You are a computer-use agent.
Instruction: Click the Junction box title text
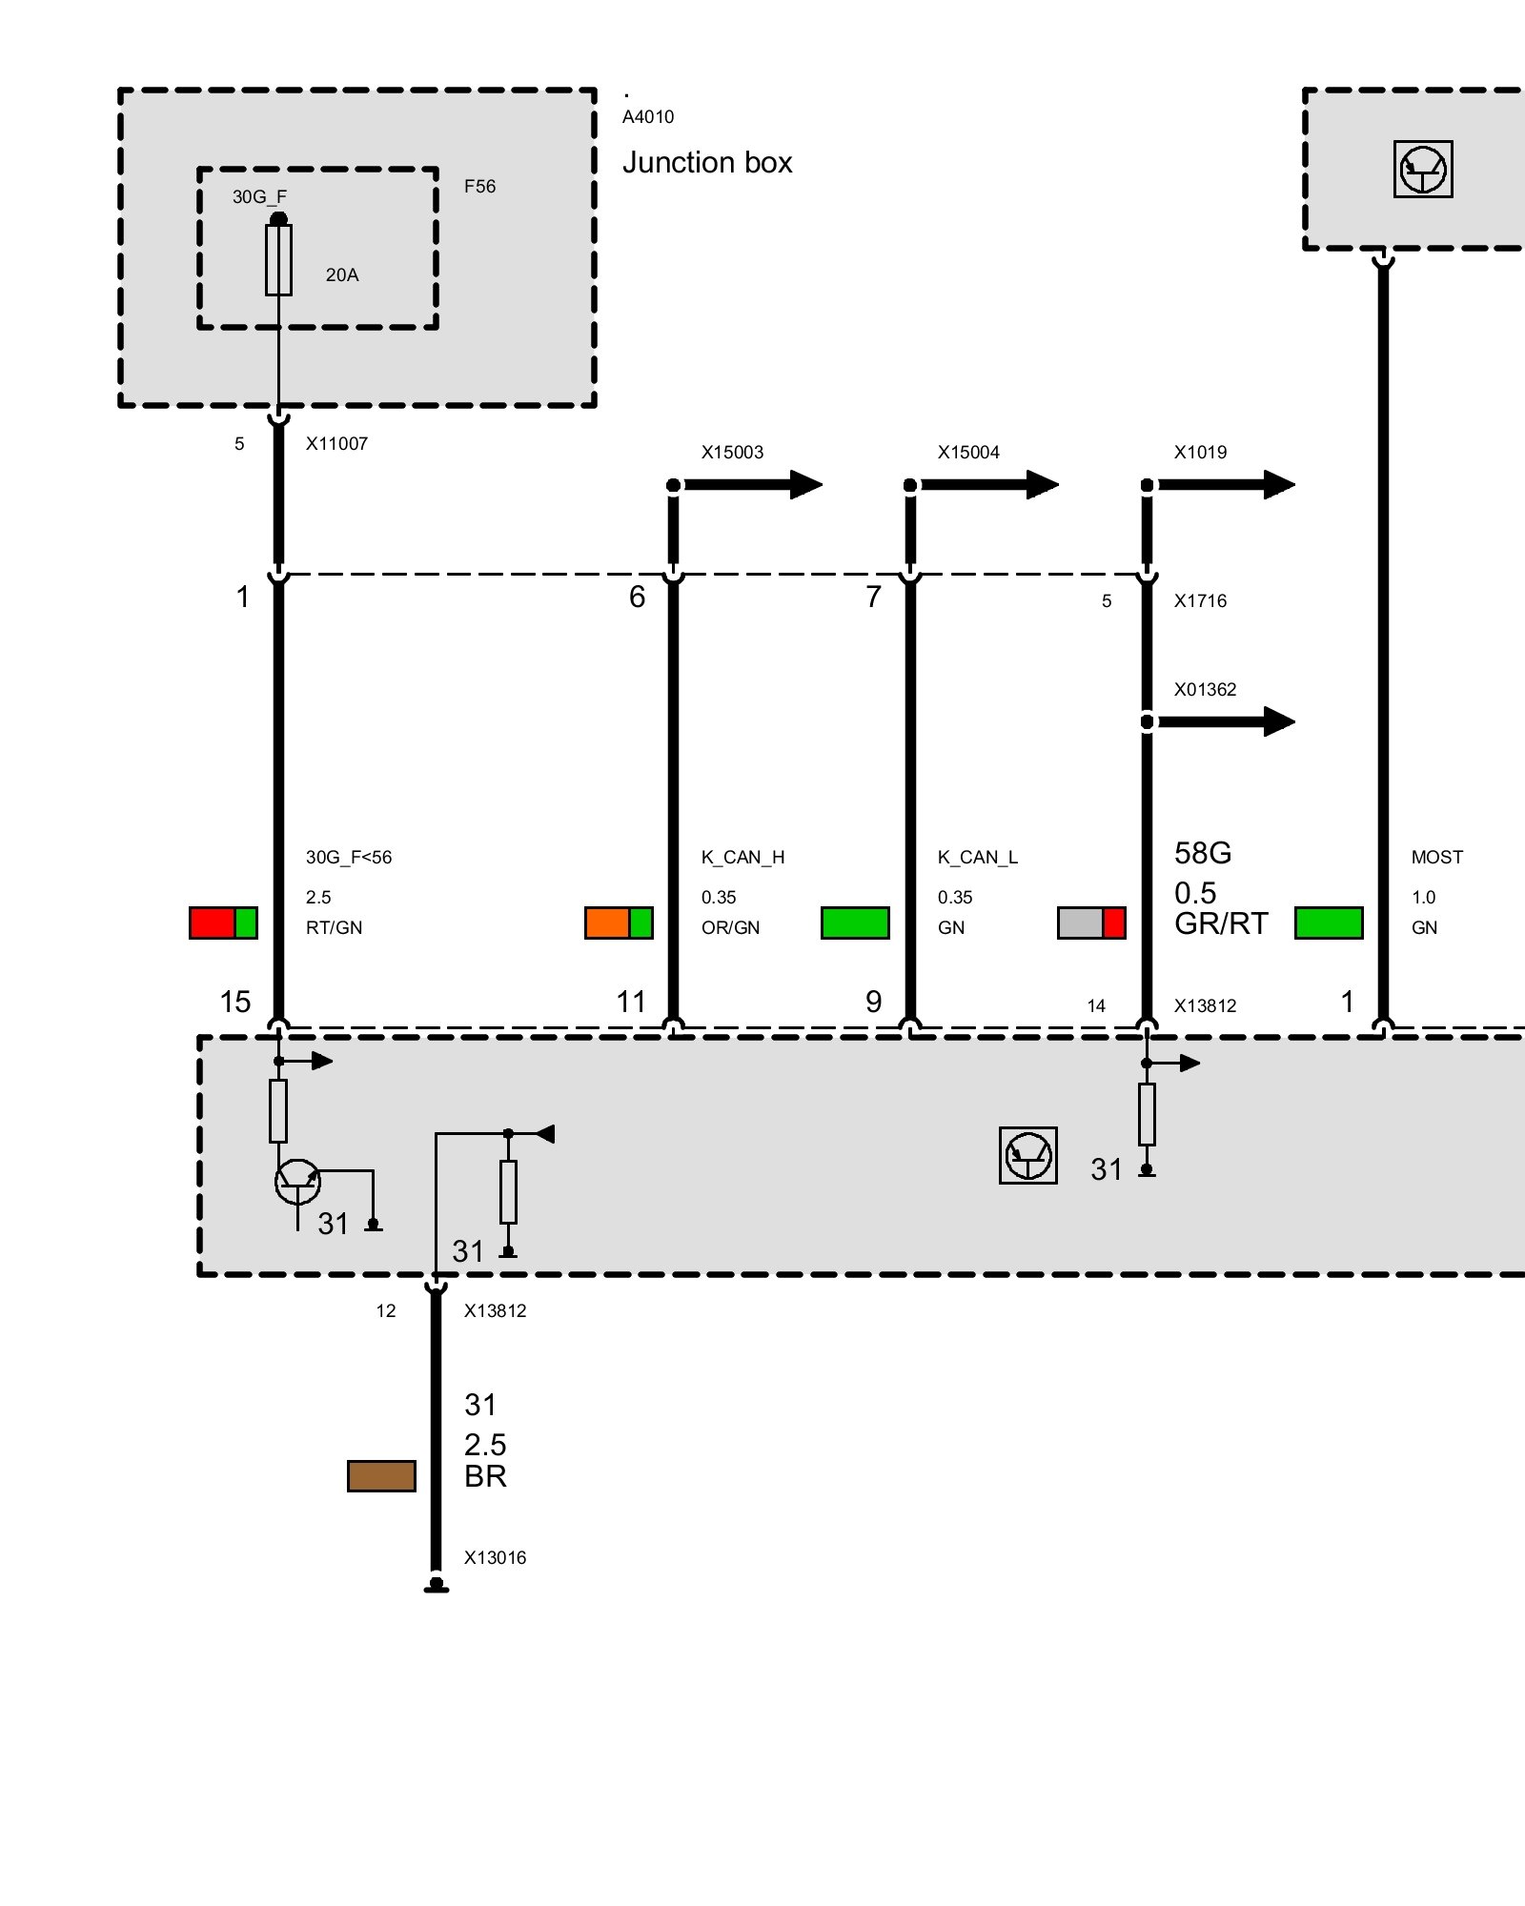(x=707, y=163)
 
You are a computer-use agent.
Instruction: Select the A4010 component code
(x=648, y=117)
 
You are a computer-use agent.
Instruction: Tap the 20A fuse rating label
(x=342, y=275)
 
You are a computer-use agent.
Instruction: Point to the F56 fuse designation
(x=479, y=187)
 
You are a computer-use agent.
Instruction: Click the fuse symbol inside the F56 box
(x=278, y=260)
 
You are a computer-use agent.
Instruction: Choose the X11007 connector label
(x=336, y=444)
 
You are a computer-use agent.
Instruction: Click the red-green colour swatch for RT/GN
(x=223, y=923)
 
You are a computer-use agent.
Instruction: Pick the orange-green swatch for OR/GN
(x=619, y=923)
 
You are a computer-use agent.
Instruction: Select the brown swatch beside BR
(x=381, y=1475)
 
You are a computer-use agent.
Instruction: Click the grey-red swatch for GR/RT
(x=1091, y=923)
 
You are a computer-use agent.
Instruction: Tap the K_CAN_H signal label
(x=742, y=858)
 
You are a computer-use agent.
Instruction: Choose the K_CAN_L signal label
(x=978, y=858)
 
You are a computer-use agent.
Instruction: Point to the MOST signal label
(x=1436, y=858)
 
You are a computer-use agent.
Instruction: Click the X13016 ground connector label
(x=495, y=1558)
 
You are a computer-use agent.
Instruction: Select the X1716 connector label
(x=1200, y=601)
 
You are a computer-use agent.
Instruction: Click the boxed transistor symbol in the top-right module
(x=1423, y=170)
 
